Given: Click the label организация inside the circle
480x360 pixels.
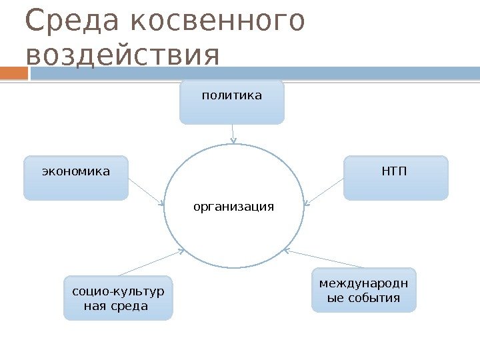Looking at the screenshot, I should pyautogui.click(x=233, y=207).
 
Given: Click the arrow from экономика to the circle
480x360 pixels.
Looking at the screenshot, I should pyautogui.click(x=146, y=191).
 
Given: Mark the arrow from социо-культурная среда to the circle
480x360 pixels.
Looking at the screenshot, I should pyautogui.click(x=151, y=263).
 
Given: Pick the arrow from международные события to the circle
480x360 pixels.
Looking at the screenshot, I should pyautogui.click(x=325, y=259).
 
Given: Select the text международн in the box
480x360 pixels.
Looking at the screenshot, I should pyautogui.click(x=363, y=283).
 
